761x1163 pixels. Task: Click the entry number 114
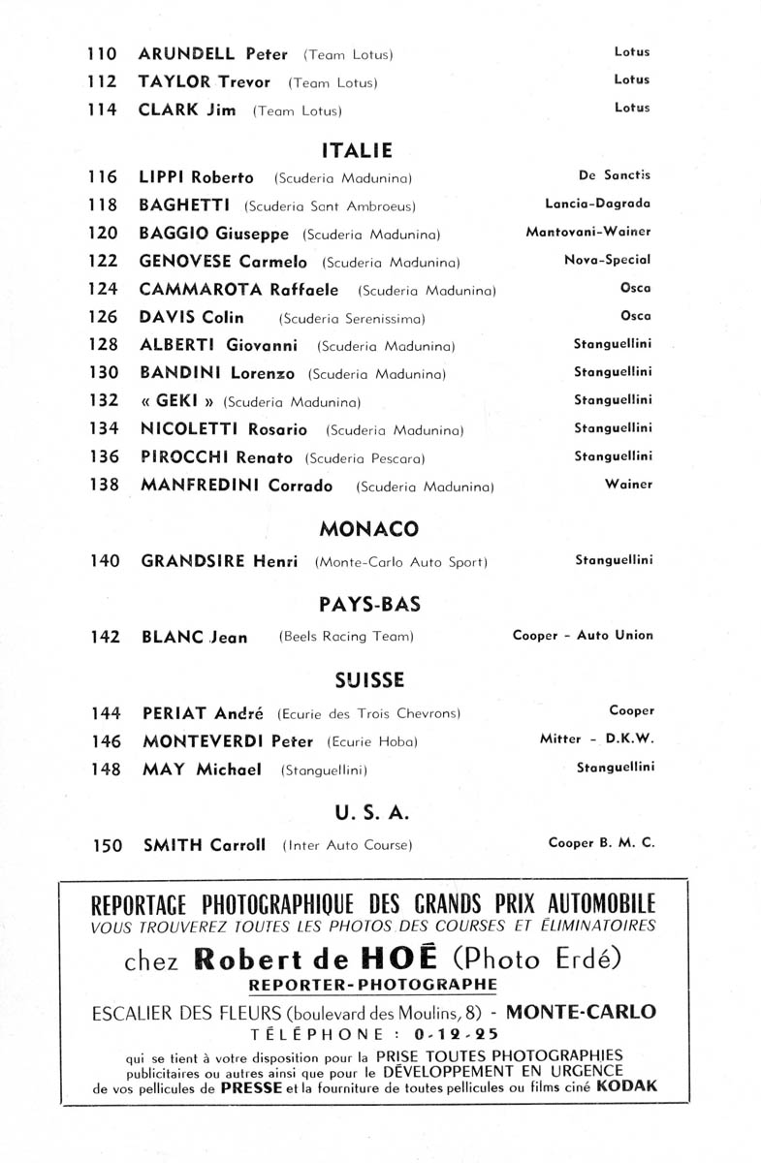coord(102,110)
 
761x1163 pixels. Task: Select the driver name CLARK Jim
coord(188,110)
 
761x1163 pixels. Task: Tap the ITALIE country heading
coord(356,150)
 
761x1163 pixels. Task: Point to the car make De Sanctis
coord(615,176)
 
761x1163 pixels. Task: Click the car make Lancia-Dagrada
coord(598,204)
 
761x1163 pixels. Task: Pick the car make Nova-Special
coord(607,260)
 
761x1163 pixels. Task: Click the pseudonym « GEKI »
coord(177,400)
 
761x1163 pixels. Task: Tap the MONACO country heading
coord(368,529)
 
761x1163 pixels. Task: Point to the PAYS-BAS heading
coord(369,605)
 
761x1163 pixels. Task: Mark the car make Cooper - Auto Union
coord(583,636)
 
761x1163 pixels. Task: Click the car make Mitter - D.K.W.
coord(597,739)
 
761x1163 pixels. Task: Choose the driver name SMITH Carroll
coord(204,845)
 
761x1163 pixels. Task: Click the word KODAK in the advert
coord(627,1087)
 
